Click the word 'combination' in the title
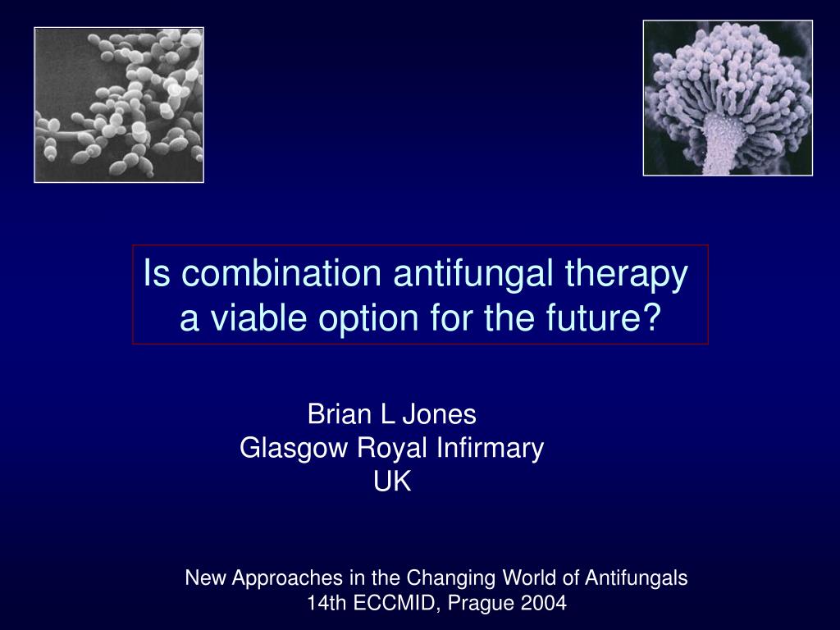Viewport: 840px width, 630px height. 278,275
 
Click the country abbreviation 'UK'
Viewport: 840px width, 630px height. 392,482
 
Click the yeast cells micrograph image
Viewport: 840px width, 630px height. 119,104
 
